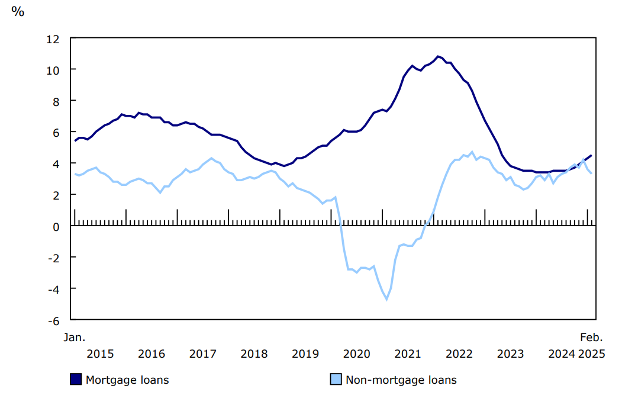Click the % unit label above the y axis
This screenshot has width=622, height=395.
pyautogui.click(x=18, y=11)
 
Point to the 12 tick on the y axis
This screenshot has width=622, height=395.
pyautogui.click(x=52, y=39)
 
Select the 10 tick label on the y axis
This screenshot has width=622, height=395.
pyautogui.click(x=52, y=70)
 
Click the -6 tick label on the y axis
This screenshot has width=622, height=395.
pyautogui.click(x=53, y=320)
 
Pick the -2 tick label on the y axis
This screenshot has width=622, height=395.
pyautogui.click(x=53, y=258)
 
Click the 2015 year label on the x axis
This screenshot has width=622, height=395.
pyautogui.click(x=100, y=354)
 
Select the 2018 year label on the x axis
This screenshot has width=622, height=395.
pyautogui.click(x=254, y=354)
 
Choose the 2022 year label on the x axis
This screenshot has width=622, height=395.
pyautogui.click(x=459, y=354)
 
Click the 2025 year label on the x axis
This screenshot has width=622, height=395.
pyautogui.click(x=591, y=354)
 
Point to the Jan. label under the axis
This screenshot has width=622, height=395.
pyautogui.click(x=75, y=338)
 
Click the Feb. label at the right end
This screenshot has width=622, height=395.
pyautogui.click(x=591, y=338)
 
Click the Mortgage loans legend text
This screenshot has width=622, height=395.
pyautogui.click(x=127, y=380)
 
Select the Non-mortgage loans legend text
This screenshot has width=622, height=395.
pyautogui.click(x=401, y=380)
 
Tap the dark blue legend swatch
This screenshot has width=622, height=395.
pyautogui.click(x=76, y=380)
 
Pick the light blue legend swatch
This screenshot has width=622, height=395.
pyautogui.click(x=336, y=380)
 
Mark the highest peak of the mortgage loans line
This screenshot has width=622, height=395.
pyautogui.click(x=438, y=56)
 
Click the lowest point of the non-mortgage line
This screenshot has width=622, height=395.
pyautogui.click(x=386, y=299)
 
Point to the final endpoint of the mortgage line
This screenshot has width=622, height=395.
pyautogui.click(x=591, y=155)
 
